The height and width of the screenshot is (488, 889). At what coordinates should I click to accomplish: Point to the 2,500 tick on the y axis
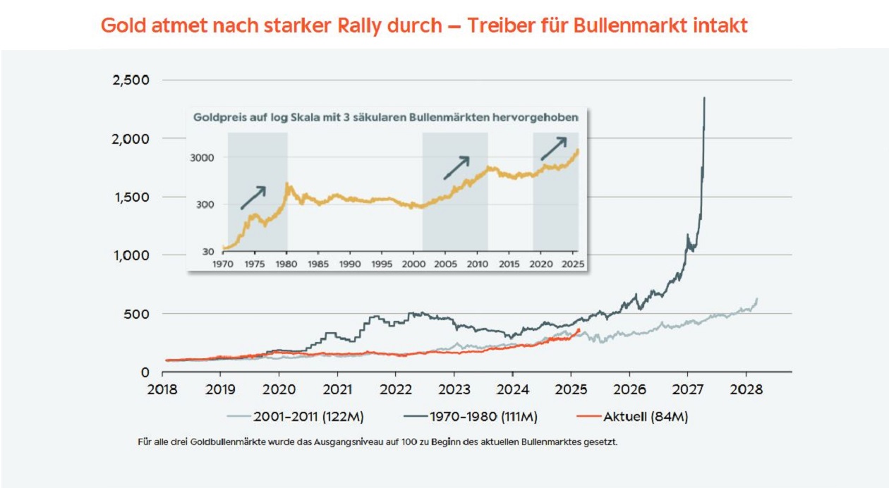coord(131,80)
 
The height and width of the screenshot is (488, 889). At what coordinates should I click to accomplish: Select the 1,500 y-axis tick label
coord(131,197)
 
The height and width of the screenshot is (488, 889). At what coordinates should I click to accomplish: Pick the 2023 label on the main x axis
coord(454,389)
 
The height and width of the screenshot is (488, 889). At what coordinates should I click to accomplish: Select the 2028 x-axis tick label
coord(746,389)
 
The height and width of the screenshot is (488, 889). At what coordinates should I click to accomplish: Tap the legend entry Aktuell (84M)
coord(645,417)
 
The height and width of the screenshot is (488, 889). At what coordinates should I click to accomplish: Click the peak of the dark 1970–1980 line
coord(704,98)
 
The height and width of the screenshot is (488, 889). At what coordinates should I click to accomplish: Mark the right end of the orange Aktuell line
coord(580,329)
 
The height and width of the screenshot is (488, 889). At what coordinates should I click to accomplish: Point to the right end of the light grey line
coord(757,299)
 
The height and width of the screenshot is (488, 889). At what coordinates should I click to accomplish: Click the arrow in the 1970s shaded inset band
coord(253,197)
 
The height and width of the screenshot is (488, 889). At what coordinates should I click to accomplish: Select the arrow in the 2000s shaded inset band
coord(456,168)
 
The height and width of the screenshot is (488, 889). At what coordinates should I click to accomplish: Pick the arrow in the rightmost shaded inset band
coord(554,149)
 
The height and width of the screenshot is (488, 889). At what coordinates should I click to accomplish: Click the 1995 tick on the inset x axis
coord(382,264)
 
